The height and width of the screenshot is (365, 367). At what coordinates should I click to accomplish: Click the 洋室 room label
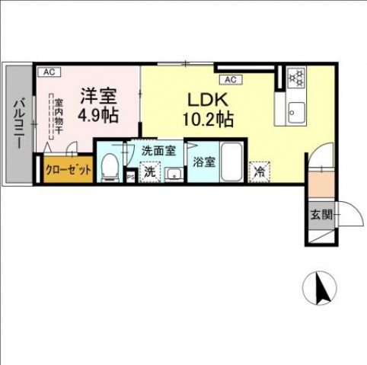[x=99, y=96]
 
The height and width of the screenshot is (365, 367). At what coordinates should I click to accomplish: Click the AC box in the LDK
[x=231, y=79]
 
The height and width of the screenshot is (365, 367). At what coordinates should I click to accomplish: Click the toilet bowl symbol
[x=110, y=166]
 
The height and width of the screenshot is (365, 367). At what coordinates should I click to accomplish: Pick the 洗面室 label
[x=158, y=151]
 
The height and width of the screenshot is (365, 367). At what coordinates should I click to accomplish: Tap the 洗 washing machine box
[x=150, y=173]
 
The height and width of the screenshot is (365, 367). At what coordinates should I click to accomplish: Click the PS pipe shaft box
[x=130, y=178]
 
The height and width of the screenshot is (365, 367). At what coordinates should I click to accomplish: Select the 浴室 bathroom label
[x=203, y=162]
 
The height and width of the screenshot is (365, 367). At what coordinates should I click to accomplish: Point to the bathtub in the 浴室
[x=232, y=162]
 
